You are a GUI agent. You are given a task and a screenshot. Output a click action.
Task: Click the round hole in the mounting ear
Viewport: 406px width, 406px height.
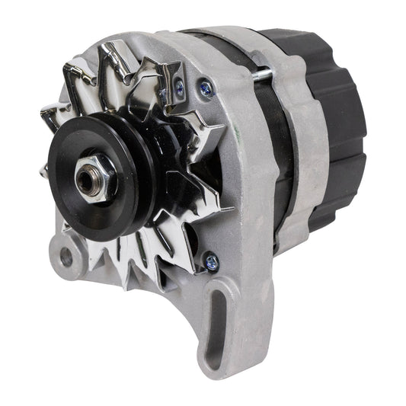pos(66,256)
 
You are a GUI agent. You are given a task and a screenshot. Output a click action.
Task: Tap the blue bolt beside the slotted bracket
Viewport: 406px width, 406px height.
pos(210,261)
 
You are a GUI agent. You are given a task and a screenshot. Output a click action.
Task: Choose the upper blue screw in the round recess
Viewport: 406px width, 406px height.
pos(206,88)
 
